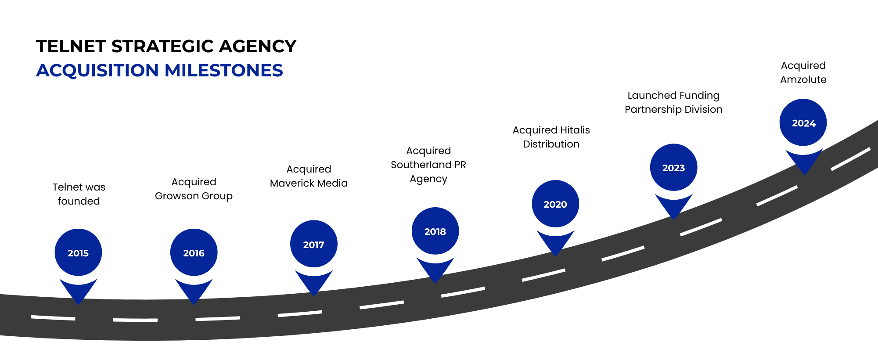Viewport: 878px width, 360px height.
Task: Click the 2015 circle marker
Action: tap(78, 252)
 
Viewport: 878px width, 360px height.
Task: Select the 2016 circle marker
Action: tap(194, 252)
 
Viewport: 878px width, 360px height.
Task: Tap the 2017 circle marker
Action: tap(313, 244)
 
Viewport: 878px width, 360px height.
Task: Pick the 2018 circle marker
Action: tap(435, 231)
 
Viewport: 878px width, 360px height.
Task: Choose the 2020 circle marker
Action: tap(555, 204)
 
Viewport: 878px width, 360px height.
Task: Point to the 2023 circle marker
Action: tap(673, 167)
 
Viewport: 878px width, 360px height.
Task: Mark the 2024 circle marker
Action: tap(803, 122)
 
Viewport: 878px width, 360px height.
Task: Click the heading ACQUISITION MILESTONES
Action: tap(159, 70)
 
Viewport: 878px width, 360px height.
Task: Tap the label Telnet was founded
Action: tap(79, 194)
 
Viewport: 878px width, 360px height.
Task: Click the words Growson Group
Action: tap(194, 196)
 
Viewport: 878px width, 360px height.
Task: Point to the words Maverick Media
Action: tap(309, 183)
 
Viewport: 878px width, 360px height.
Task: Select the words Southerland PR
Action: tap(428, 165)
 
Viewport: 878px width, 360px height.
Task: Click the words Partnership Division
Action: tap(673, 109)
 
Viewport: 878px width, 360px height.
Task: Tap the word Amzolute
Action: tap(803, 79)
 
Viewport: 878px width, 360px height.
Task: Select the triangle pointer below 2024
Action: tap(804, 161)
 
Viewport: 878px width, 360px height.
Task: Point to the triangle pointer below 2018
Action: tap(435, 269)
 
